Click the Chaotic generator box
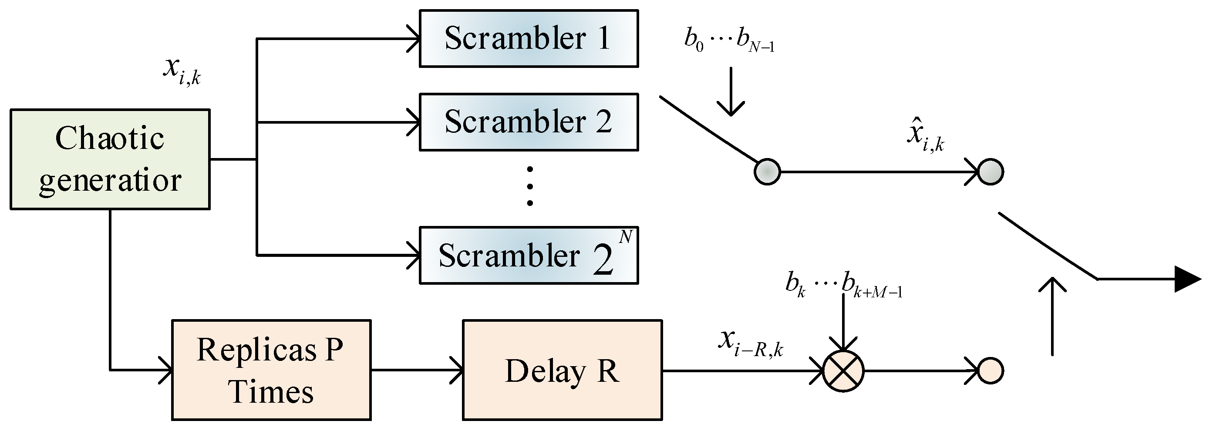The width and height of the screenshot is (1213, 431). [110, 159]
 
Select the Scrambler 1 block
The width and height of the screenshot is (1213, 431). [528, 39]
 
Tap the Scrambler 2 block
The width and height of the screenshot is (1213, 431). [528, 122]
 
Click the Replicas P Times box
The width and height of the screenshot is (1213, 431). [271, 370]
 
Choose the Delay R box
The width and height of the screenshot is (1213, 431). [562, 370]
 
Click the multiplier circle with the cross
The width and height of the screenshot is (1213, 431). [843, 371]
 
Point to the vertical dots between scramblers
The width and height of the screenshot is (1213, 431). [530, 186]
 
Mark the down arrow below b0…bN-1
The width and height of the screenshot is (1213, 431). [731, 92]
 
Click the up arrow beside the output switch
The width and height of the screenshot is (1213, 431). [1052, 316]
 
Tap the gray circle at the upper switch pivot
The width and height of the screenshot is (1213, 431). [767, 172]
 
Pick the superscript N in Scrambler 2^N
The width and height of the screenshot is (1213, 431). [625, 236]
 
